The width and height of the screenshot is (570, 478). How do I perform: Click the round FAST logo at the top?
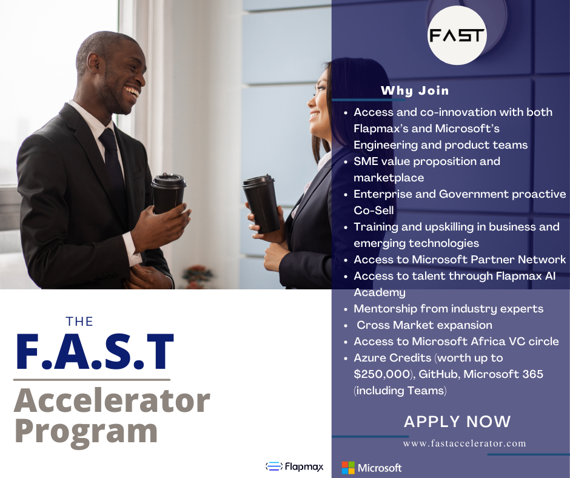coord(458,35)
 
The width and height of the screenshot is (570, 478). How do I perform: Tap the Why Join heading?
coord(415,91)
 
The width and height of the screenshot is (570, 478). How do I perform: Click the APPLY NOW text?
coord(457,422)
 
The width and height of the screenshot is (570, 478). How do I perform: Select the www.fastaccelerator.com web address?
coord(464,443)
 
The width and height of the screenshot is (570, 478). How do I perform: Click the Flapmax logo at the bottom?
coord(295,466)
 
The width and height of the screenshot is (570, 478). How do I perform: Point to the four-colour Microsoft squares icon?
coord(348,468)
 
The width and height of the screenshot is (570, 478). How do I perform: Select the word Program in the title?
coord(85,431)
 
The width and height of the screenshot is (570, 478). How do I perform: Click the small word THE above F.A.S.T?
coord(79,321)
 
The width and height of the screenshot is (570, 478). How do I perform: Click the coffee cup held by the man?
coord(168,193)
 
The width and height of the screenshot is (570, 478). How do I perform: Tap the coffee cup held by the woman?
coord(261,203)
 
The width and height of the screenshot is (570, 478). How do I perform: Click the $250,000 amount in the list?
coord(384,374)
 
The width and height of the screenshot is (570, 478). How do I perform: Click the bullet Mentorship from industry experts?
coord(448,309)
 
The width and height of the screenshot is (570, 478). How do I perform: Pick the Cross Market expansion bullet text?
coord(424,325)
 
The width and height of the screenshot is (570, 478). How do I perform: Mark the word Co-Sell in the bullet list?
coord(374,210)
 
